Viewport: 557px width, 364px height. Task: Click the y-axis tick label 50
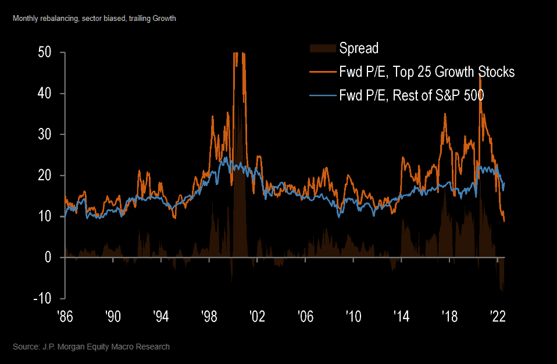tap(44, 52)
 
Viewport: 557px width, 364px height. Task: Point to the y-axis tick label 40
tap(44, 93)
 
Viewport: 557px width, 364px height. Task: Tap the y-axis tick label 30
tap(44, 134)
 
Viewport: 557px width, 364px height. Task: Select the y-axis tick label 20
tap(44, 176)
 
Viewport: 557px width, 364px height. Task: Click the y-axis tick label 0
tap(49, 258)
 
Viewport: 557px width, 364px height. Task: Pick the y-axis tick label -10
tap(42, 298)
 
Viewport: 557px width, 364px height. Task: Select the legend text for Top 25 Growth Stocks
tap(427, 72)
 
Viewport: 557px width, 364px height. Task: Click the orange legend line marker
tap(323, 72)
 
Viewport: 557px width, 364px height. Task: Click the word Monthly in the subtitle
tap(25, 19)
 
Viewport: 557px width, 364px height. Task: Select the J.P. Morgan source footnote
tap(91, 347)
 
